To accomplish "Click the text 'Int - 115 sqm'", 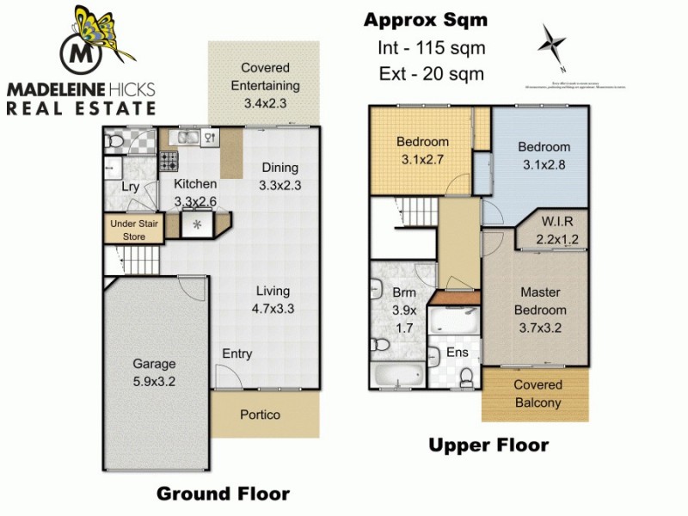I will click(431, 48).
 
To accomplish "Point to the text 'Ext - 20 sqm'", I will click(431, 74).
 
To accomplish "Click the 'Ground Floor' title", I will click(222, 494).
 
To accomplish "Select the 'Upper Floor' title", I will click(488, 445).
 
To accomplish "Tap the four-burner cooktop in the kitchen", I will click(169, 159).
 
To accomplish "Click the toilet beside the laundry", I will click(114, 142).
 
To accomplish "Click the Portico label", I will click(259, 415).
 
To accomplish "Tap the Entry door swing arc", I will click(224, 374).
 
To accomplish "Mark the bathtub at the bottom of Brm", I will click(396, 376).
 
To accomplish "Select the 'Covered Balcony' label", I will click(537, 393).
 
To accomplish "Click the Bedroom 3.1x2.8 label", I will click(544, 155).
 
